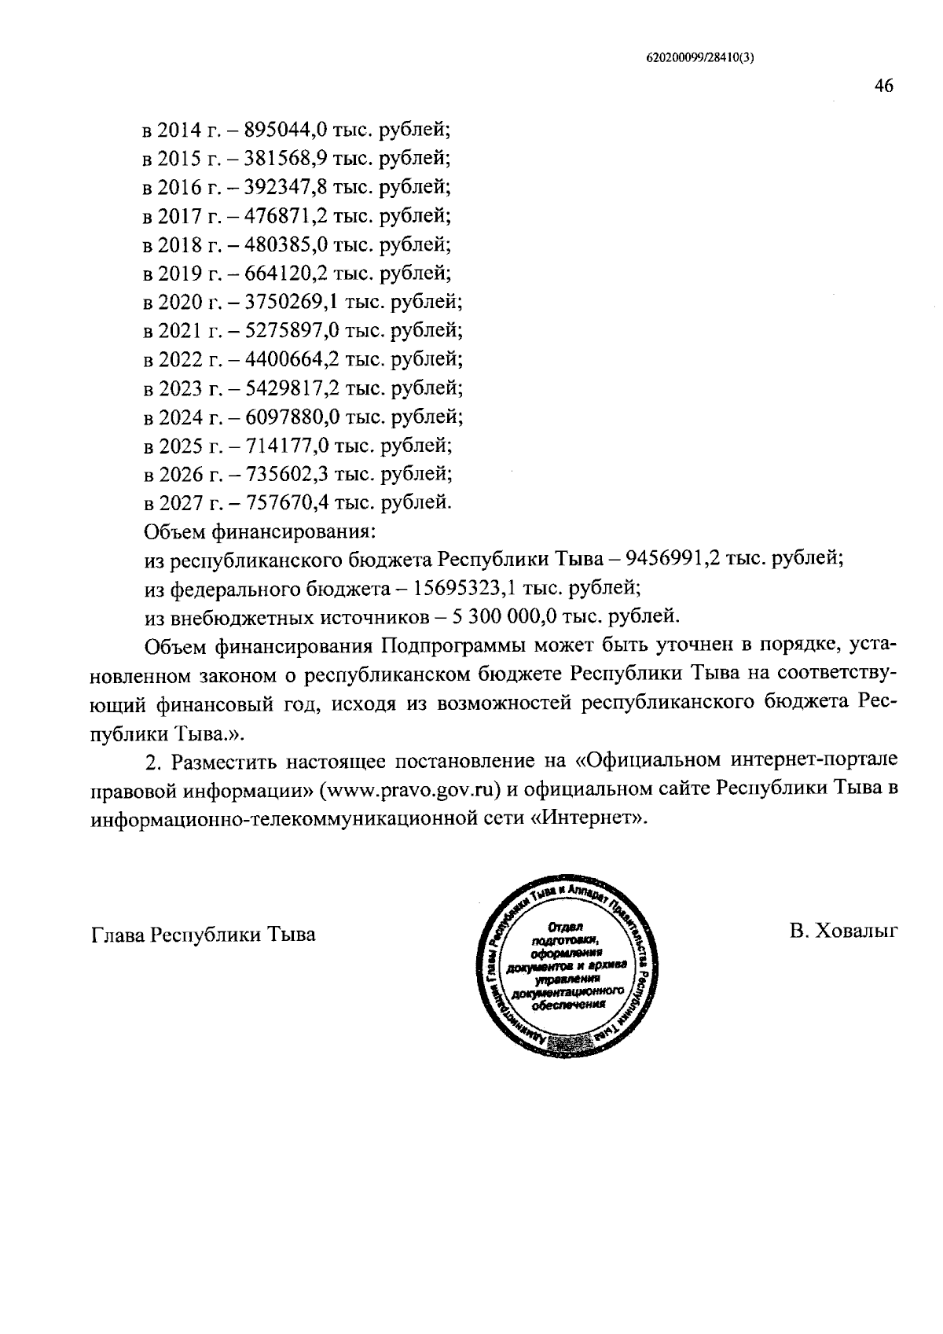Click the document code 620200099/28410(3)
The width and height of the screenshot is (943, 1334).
coord(700,57)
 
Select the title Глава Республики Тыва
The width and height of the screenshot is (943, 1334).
coord(204,935)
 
